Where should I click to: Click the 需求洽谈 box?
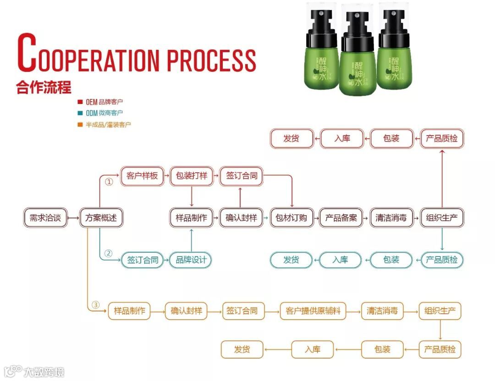coord(45,218)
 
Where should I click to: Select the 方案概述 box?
coord(101,218)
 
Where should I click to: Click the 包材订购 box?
coord(291,218)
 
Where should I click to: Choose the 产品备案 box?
coord(341,218)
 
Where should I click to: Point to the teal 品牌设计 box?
coord(191,260)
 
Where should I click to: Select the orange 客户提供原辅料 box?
coord(313,311)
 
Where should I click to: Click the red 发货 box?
coord(291,138)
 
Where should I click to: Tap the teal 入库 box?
coord(340,260)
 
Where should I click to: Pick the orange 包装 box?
coord(382,350)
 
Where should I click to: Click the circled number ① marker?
coord(109,182)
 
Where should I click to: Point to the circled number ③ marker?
coord(96,305)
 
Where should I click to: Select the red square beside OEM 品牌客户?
coord(80,102)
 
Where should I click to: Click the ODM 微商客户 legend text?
coord(104,113)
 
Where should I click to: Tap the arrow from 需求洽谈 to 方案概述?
coord(73,218)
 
